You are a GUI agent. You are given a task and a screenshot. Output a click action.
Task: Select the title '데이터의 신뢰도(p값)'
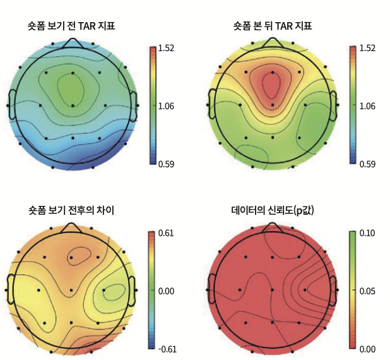[273, 209]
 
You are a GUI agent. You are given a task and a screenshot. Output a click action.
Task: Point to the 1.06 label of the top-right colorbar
[367, 106]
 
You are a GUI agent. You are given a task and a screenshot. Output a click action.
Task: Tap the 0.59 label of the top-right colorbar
[367, 164]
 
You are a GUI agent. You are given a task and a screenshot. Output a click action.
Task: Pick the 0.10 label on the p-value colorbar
[367, 233]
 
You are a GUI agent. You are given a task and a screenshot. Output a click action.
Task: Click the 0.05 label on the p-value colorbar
[367, 291]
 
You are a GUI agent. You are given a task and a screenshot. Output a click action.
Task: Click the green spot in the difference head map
[113, 292]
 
